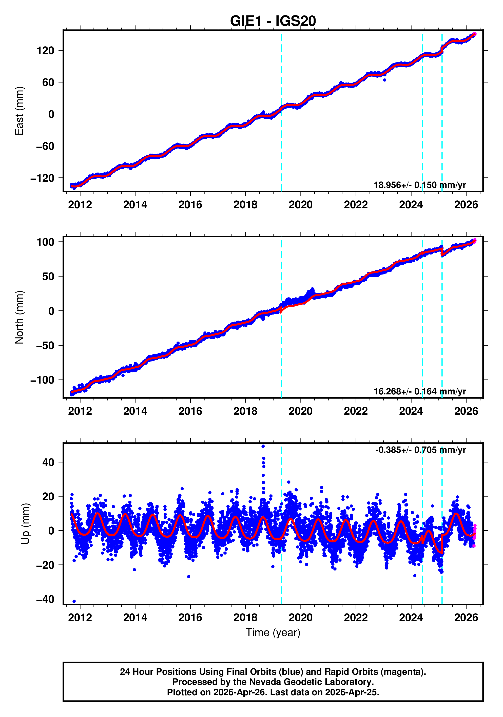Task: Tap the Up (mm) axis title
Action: (26, 524)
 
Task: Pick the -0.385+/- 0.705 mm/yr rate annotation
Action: (420, 450)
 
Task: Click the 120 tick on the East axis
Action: (45, 51)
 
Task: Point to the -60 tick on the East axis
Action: (45, 146)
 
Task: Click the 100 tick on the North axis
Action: (45, 242)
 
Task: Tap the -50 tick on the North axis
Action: (45, 345)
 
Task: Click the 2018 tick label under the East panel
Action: (245, 205)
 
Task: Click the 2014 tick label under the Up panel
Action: (135, 618)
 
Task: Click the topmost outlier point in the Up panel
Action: (263, 446)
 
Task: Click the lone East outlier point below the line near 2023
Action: (384, 80)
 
